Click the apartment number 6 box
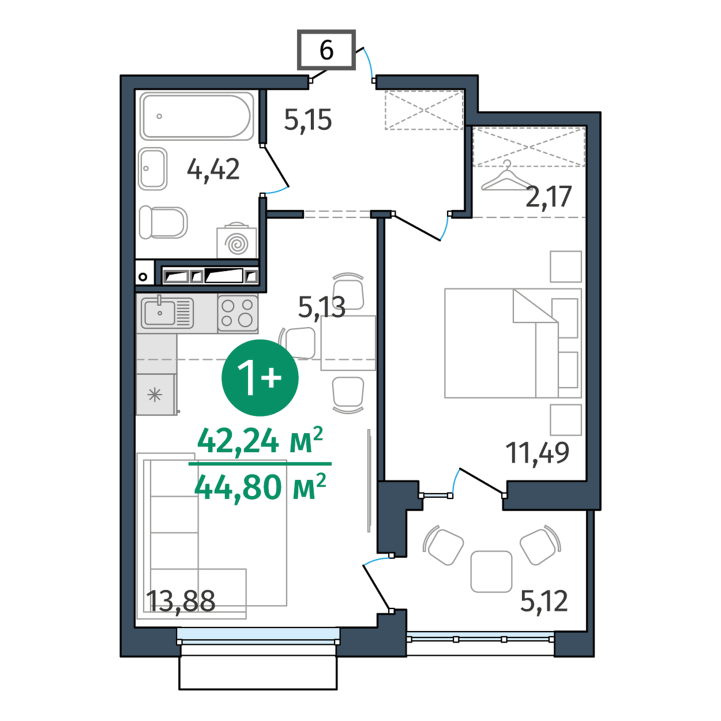pyautogui.click(x=326, y=50)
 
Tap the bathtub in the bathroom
pyautogui.click(x=197, y=116)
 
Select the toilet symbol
pyautogui.click(x=163, y=223)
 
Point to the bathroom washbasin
pyautogui.click(x=153, y=168)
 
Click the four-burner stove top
pyautogui.click(x=238, y=314)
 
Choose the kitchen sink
pyautogui.click(x=167, y=313)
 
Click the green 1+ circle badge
pyautogui.click(x=260, y=378)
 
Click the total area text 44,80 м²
pyautogui.click(x=260, y=489)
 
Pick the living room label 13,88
pyautogui.click(x=182, y=602)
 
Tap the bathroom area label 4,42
pyautogui.click(x=213, y=169)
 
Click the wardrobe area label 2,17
pyautogui.click(x=549, y=197)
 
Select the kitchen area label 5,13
pyautogui.click(x=322, y=308)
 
